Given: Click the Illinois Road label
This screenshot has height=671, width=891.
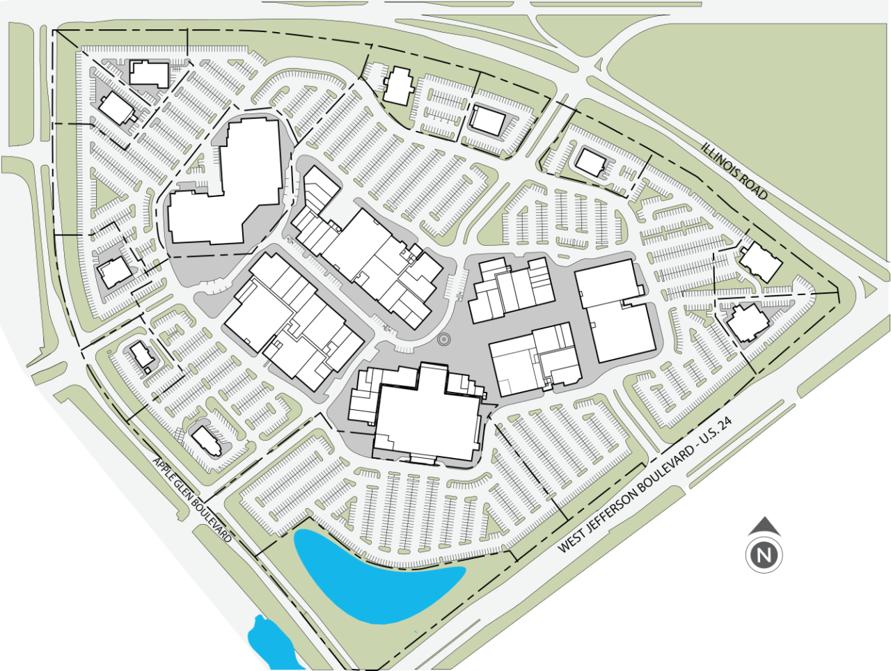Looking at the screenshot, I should click(734, 171).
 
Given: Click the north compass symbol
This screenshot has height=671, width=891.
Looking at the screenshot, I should click(764, 546).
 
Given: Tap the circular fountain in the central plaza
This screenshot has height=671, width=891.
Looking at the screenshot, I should click(443, 339).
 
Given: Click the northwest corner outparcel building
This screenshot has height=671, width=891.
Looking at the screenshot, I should click(149, 72).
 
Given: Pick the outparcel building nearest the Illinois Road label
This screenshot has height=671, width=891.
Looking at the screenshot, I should click(591, 163).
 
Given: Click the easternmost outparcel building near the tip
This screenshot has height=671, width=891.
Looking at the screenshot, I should click(761, 262).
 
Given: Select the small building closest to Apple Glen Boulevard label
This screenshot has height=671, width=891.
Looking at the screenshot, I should click(208, 440).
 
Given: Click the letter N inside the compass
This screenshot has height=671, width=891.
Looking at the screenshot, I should click(764, 555).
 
